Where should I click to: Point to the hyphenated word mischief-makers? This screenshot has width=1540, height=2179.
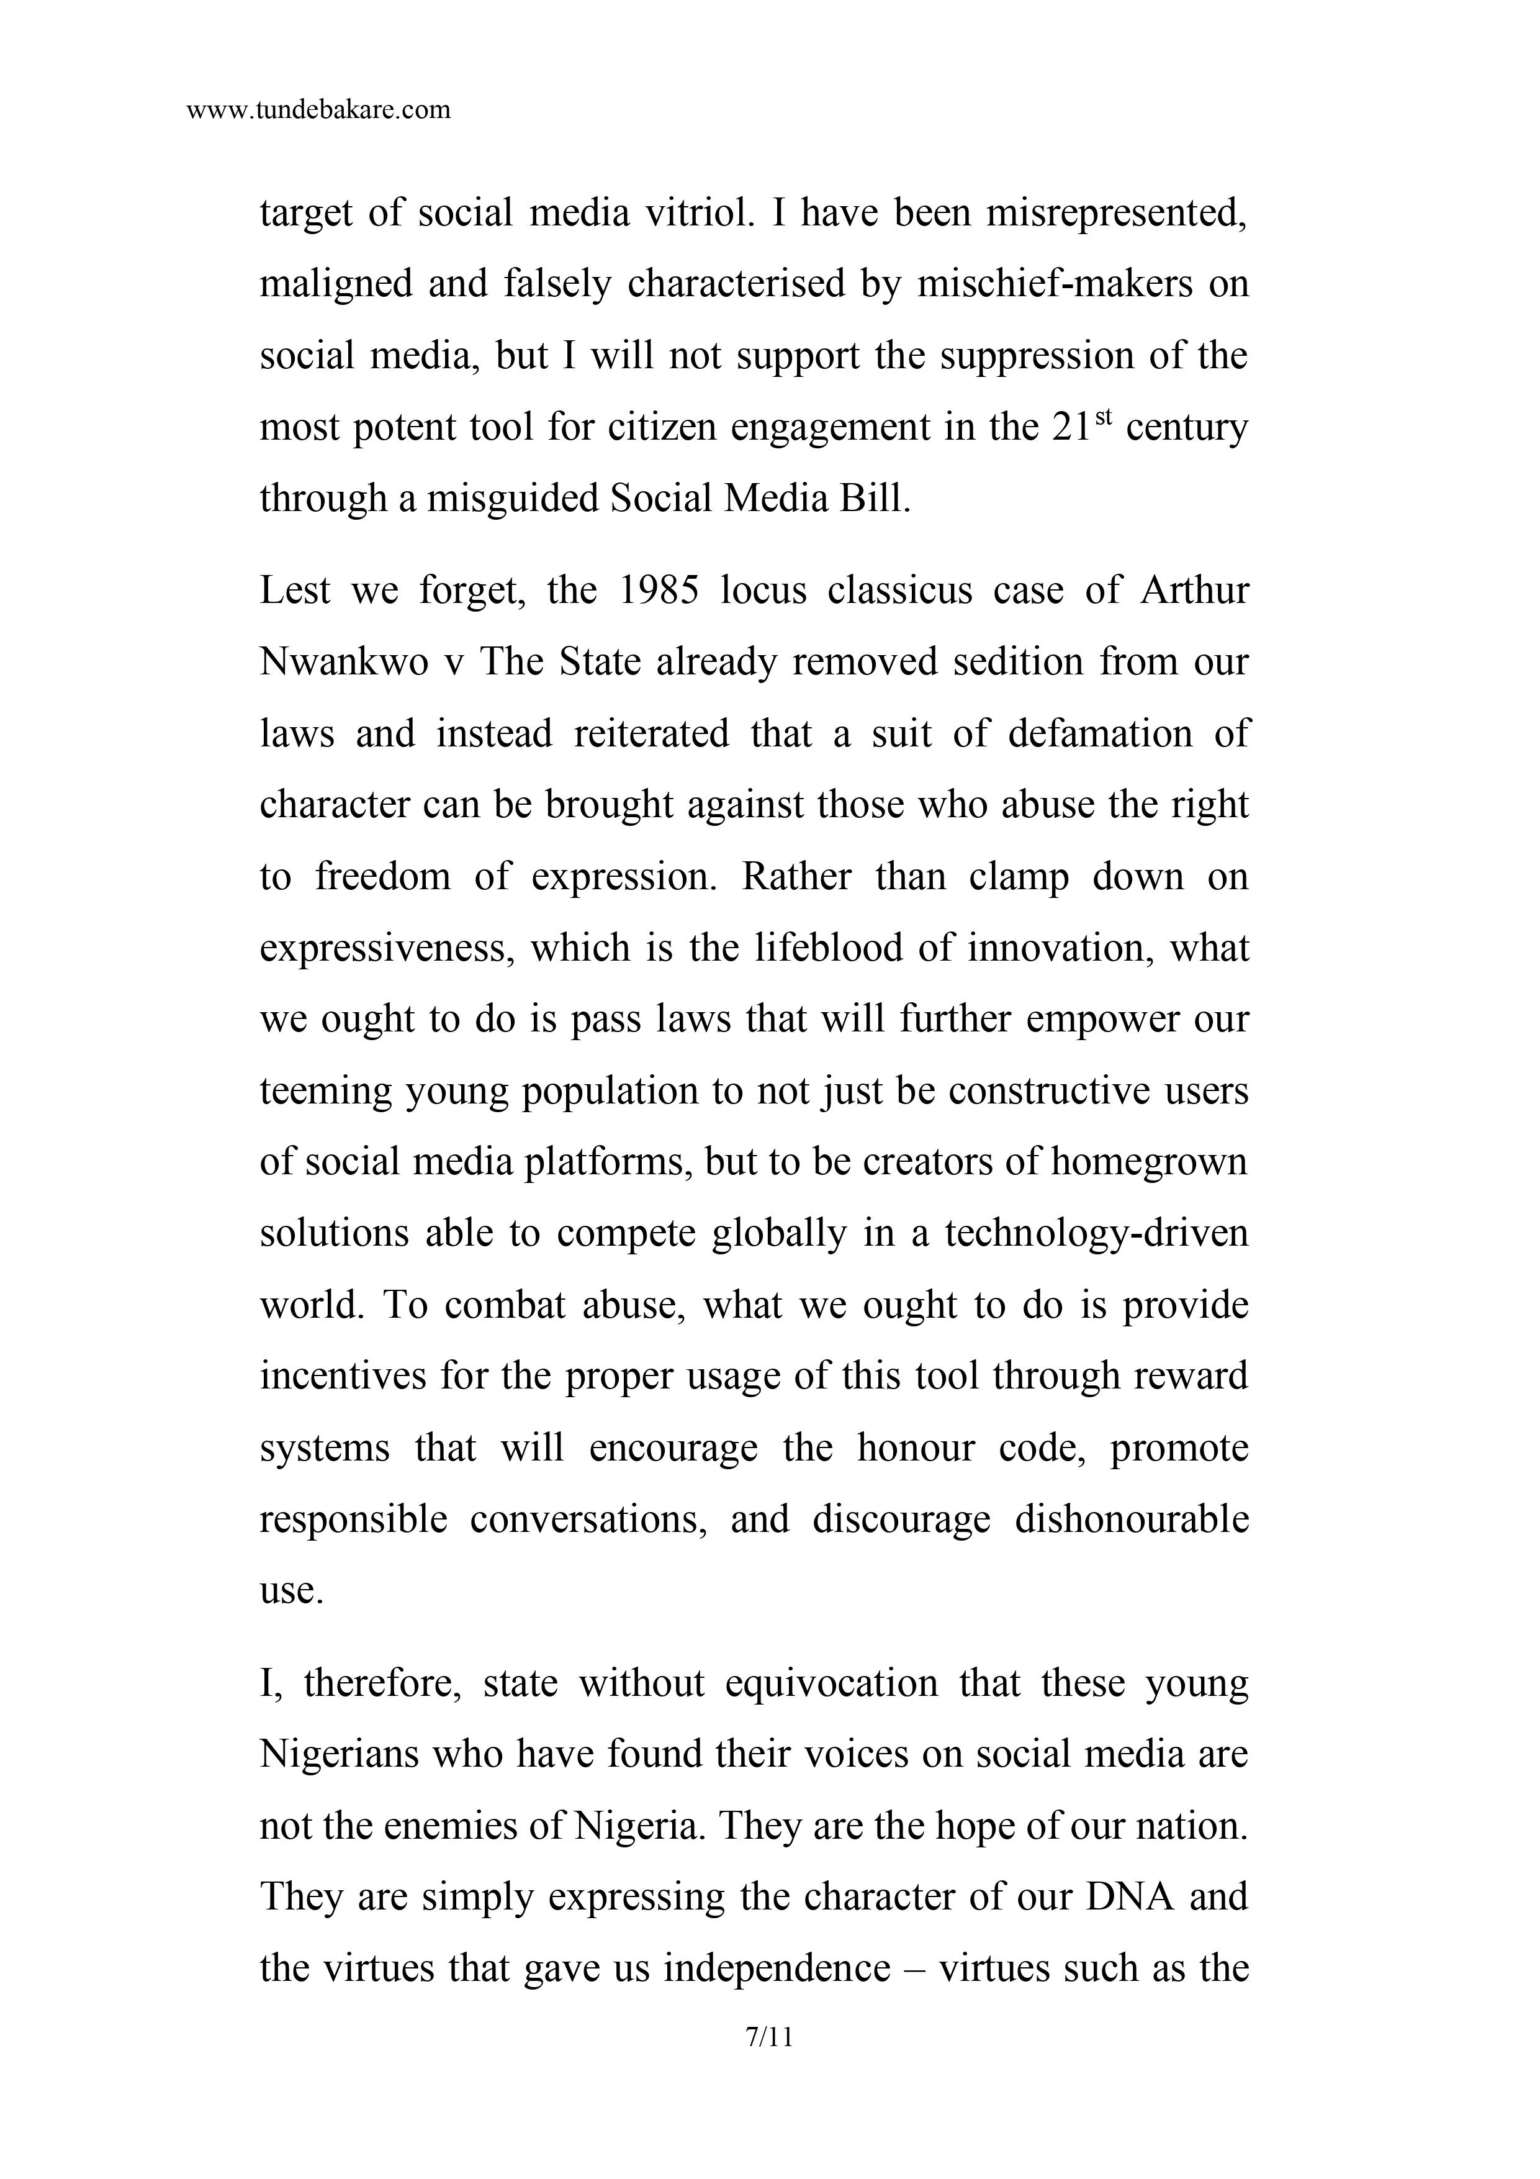[1054, 284]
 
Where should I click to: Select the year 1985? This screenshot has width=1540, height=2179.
[657, 591]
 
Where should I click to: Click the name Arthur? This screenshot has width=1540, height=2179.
[1195, 591]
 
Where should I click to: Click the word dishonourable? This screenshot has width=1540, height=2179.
[1131, 1520]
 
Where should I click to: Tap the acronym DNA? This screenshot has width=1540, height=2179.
[1127, 1896]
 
